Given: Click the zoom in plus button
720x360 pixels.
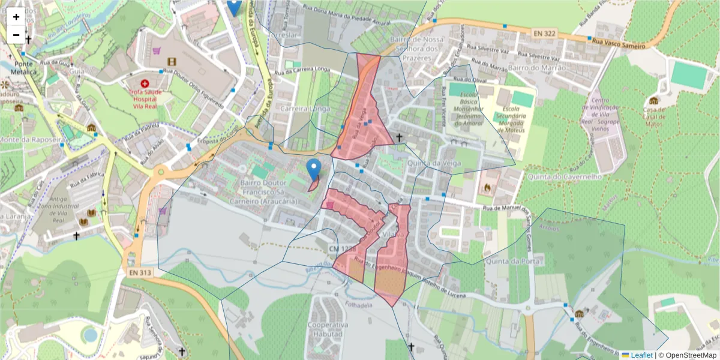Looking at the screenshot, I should (16, 17).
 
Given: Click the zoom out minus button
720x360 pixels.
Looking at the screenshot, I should (16, 35).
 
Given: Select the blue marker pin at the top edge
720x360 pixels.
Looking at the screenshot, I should (235, 6).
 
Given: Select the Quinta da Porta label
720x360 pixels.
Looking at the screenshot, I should (514, 262).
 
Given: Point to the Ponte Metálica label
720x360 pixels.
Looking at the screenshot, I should (19, 67).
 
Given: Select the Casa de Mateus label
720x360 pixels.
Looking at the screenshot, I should (653, 113).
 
